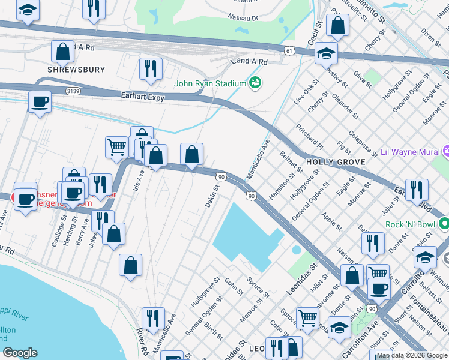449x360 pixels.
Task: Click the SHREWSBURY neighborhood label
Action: coord(76,70)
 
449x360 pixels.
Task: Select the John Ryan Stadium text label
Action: coord(210,83)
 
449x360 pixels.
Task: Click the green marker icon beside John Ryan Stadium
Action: coord(256,83)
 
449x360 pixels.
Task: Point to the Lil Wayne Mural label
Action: coord(411,152)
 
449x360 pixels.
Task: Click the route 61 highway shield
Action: coord(290,52)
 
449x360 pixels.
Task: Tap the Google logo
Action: coord(20,353)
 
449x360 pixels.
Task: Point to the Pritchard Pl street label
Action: coord(310,137)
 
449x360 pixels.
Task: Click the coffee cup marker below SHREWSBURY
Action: coord(40,101)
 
